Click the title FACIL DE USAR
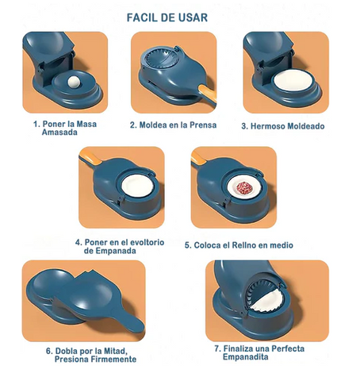167,17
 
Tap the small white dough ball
73,82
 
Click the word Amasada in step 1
59,132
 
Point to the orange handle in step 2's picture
208,94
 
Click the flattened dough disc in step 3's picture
292,80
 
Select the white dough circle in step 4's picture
137,186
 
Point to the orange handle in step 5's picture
197,158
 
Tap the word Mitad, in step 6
116,351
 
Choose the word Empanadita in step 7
246,356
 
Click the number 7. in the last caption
218,348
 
